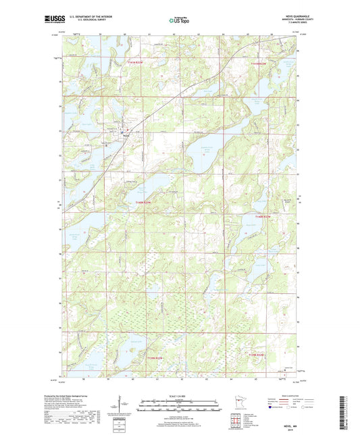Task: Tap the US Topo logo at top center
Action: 180,21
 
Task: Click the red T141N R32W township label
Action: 264,63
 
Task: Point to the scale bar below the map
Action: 180,407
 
